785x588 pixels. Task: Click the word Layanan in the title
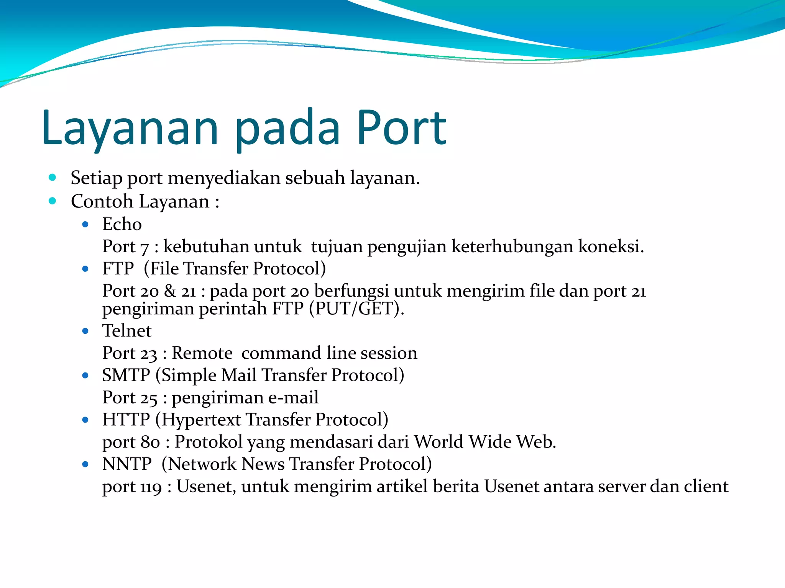[130, 128]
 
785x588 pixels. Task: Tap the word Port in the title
[401, 128]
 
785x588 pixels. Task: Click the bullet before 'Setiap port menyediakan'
[53, 177]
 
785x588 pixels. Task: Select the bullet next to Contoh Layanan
[53, 201]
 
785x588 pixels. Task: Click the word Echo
[122, 224]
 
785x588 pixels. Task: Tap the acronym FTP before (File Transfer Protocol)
[118, 269]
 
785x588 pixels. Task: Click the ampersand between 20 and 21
[170, 291]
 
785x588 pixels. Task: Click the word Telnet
[127, 331]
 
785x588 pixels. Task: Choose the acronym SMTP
[126, 375]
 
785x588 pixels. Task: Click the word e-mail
[293, 397]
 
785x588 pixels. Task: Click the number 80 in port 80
[150, 443]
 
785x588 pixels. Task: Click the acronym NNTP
[127, 464]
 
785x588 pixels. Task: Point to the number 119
[151, 487]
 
